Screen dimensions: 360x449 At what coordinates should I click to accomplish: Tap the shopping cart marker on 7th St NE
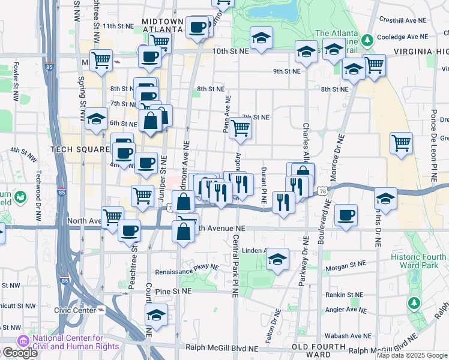click(240, 127)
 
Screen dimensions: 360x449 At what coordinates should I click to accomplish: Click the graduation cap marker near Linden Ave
click(277, 259)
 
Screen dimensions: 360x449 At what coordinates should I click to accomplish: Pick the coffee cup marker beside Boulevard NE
click(345, 215)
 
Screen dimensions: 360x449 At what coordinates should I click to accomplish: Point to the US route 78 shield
click(323, 190)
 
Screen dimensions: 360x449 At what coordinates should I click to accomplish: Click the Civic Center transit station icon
click(101, 310)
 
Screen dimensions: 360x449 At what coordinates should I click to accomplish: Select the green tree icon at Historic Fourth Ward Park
click(414, 304)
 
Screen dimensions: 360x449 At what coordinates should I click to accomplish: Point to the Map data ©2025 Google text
click(412, 355)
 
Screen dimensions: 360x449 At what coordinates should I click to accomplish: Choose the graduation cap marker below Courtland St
click(155, 315)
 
